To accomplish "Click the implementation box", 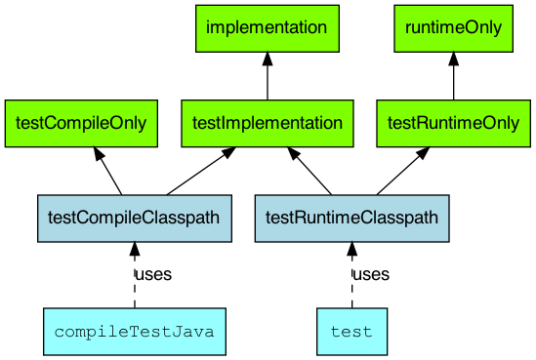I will tap(267, 28).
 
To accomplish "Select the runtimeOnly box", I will tap(453, 28).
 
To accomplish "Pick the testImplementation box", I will tap(267, 123).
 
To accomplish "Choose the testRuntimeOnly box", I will tap(453, 123).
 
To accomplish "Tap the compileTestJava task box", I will tap(135, 332).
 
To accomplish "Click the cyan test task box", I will tap(351, 332).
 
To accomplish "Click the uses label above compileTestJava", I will tap(153, 275).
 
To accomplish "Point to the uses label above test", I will tap(370, 275).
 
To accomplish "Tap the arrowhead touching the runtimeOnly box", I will tap(453, 60).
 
